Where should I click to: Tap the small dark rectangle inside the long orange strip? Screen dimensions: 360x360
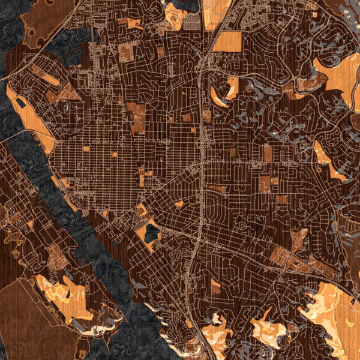tap(21, 103)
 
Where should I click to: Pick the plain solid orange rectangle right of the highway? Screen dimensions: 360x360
tap(227, 41)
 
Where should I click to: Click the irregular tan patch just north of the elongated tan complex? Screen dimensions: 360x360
tap(299, 239)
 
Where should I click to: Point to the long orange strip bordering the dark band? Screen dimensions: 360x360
tap(30, 117)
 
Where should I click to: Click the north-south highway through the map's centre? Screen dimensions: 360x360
tap(202, 150)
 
